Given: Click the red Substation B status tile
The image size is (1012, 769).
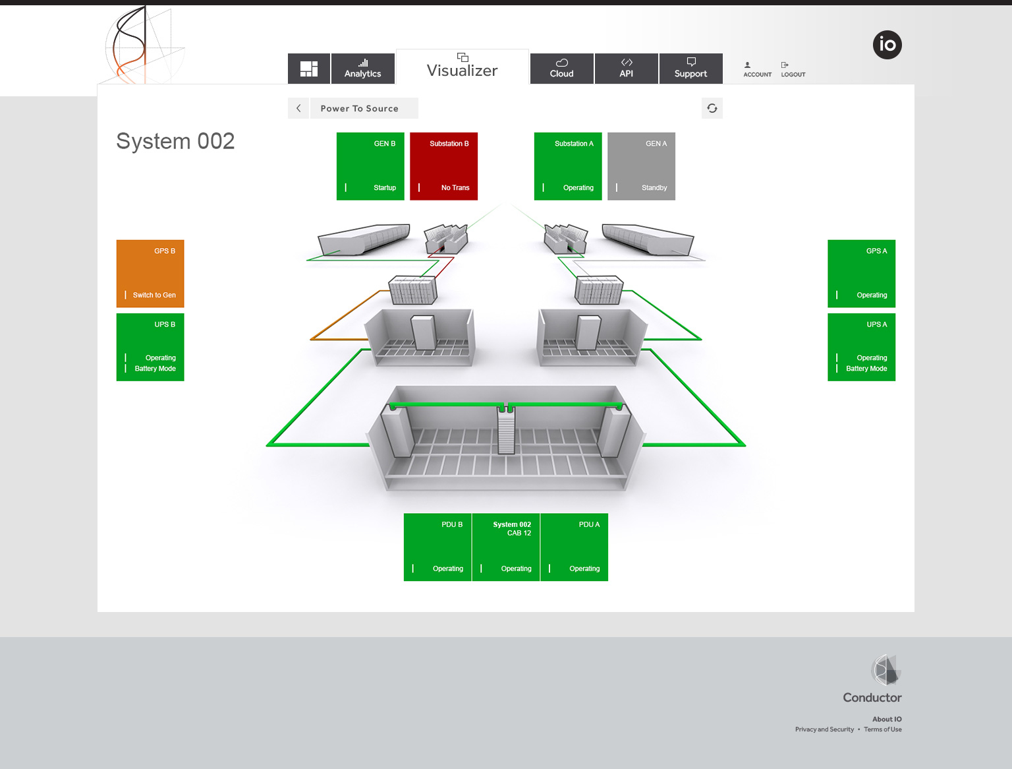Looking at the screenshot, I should [443, 166].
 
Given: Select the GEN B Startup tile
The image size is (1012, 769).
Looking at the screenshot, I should [370, 166].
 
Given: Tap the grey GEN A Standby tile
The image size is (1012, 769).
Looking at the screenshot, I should [641, 166].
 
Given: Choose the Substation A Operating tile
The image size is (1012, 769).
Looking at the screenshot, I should [568, 166].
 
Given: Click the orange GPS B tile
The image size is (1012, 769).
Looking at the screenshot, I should [150, 274].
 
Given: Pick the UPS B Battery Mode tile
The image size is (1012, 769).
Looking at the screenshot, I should [150, 347].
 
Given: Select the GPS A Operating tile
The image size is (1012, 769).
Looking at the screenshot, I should [861, 274].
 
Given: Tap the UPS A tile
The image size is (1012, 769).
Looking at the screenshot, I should [861, 347].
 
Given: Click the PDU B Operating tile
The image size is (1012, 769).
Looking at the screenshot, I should [437, 547].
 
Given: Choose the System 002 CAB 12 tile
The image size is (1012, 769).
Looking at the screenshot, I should [506, 547].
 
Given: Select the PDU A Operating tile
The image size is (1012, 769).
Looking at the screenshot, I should [575, 547].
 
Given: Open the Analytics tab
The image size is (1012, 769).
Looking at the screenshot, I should [362, 69].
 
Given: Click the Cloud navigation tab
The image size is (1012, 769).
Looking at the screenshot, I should [561, 69].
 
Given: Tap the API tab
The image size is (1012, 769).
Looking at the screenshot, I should [626, 69].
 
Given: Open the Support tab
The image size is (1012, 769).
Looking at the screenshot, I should [690, 69].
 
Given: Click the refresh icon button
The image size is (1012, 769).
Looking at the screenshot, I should [712, 108].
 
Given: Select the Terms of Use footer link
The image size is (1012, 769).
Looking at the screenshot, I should [883, 729].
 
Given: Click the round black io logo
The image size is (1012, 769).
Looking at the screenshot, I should [887, 45].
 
